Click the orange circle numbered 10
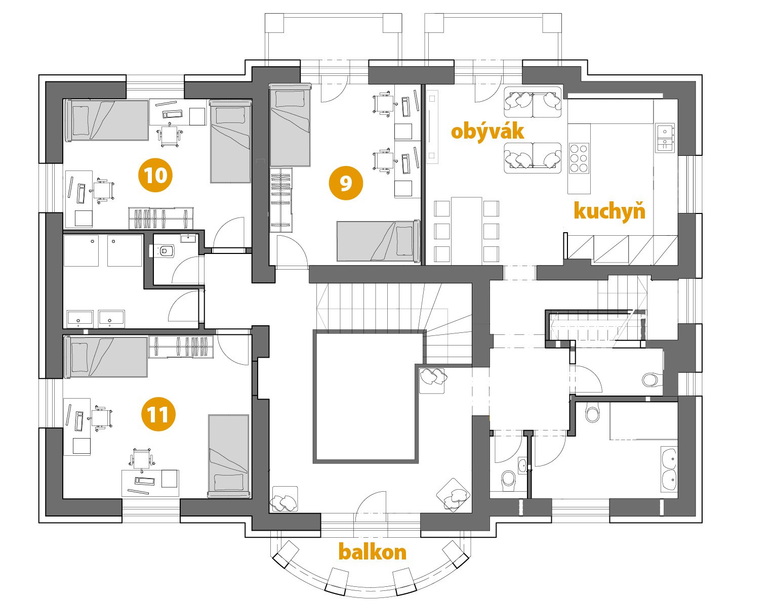[x=155, y=175]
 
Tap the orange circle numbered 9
[x=346, y=183]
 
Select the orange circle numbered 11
[x=158, y=414]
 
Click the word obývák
[x=487, y=132]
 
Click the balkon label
[x=373, y=552]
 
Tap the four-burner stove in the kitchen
[x=579, y=158]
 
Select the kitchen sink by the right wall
[x=665, y=138]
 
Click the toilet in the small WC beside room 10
[x=165, y=250]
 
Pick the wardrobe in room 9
[x=281, y=200]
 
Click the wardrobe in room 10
[x=161, y=218]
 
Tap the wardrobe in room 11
[x=181, y=346]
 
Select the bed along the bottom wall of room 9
[x=379, y=241]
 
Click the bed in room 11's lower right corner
[x=229, y=456]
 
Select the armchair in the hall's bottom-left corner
[x=284, y=499]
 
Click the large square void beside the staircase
[x=366, y=396]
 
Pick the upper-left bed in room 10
[x=106, y=120]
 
